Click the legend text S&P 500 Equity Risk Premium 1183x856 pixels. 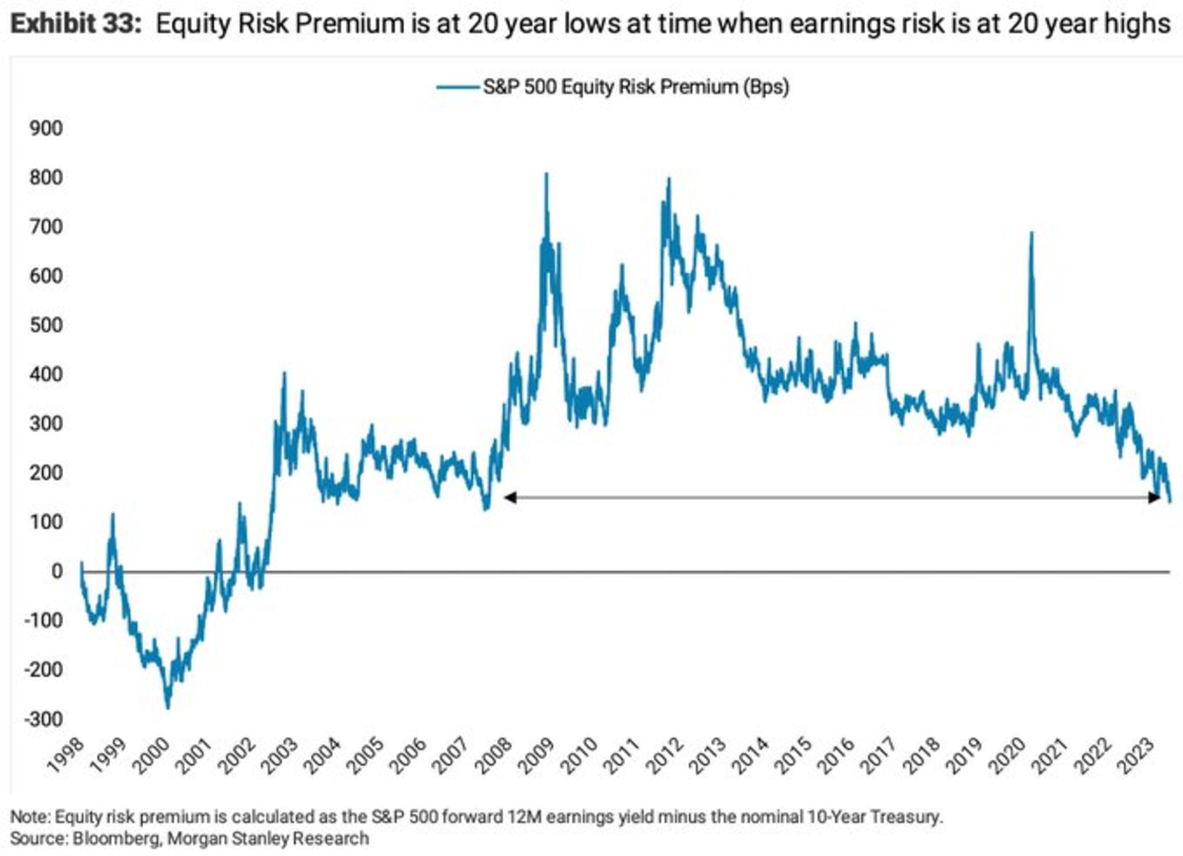point(637,87)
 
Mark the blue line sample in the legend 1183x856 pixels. point(456,87)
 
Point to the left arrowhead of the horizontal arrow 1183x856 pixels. point(509,499)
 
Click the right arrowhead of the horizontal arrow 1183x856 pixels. point(1155,499)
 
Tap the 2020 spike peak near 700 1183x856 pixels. point(1031,233)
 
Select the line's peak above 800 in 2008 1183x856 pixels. point(546,175)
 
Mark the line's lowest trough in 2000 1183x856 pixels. point(168,707)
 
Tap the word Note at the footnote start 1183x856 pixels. point(27,817)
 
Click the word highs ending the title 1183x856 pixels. point(1135,26)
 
